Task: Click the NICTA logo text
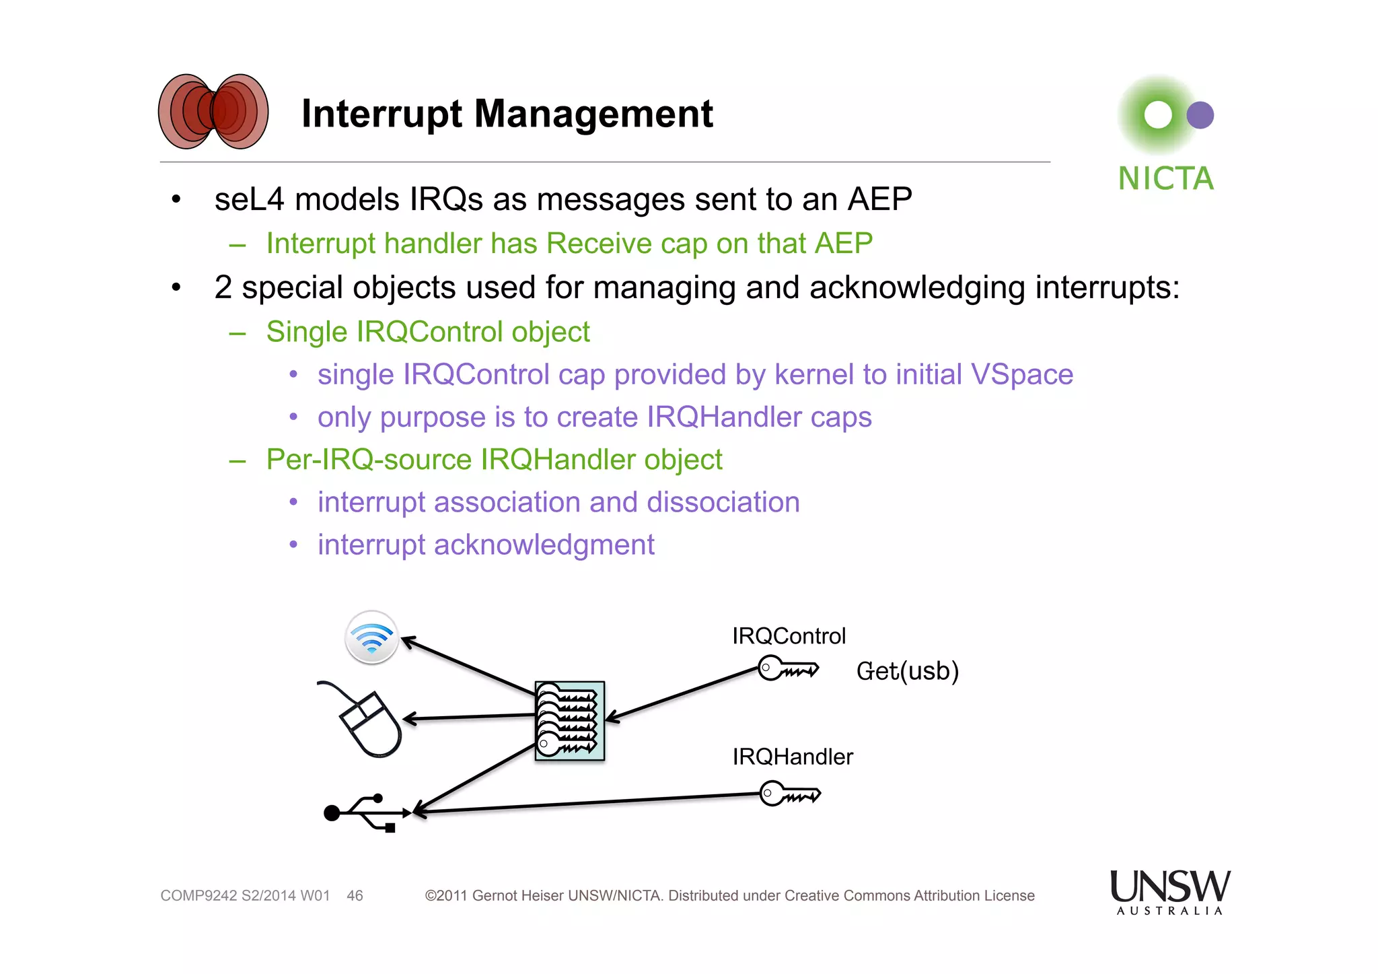pyautogui.click(x=1165, y=179)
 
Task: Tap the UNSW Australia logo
pyautogui.click(x=1169, y=891)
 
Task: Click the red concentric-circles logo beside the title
pyautogui.click(x=213, y=112)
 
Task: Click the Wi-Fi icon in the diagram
pyautogui.click(x=371, y=637)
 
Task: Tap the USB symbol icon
pyautogui.click(x=367, y=813)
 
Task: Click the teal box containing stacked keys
pyautogui.click(x=569, y=721)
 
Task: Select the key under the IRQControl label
pyautogui.click(x=787, y=669)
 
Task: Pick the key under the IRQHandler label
pyautogui.click(x=789, y=794)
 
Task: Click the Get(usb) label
pyautogui.click(x=907, y=671)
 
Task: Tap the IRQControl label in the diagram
pyautogui.click(x=789, y=636)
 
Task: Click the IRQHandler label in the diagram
pyautogui.click(x=792, y=757)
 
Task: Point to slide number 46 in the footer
pyautogui.click(x=355, y=896)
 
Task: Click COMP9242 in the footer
pyautogui.click(x=198, y=896)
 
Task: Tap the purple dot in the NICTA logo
pyautogui.click(x=1200, y=115)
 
